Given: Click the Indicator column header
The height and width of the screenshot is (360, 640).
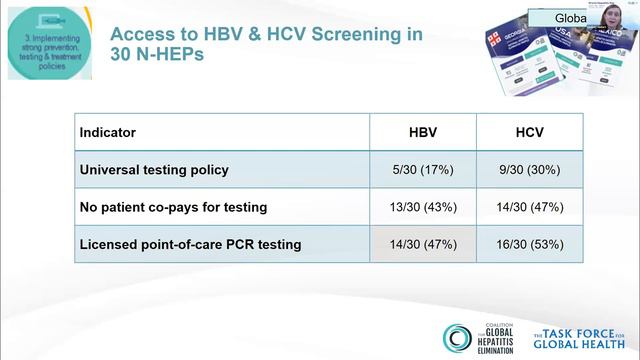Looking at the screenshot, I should click(108, 132).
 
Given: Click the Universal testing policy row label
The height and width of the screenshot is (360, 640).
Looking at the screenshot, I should click(154, 169).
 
